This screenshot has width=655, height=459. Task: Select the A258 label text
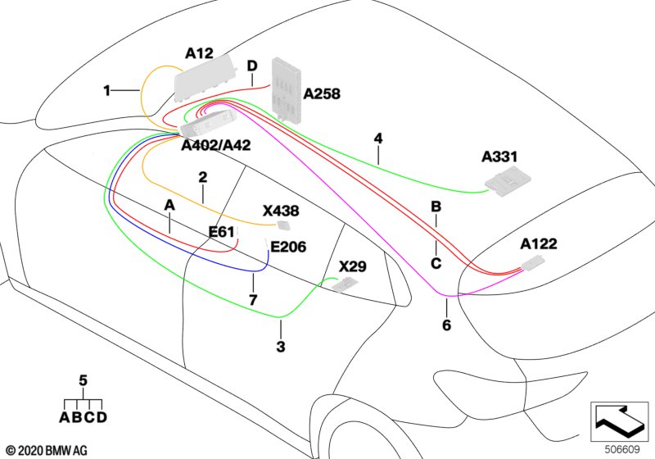[322, 94]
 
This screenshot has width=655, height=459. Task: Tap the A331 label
[500, 156]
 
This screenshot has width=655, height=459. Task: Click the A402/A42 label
[216, 145]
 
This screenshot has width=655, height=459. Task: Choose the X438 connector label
[281, 211]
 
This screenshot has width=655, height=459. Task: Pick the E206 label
[288, 247]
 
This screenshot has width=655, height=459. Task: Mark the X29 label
[353, 266]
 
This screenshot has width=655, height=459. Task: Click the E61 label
[221, 232]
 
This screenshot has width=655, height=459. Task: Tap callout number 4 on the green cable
[377, 139]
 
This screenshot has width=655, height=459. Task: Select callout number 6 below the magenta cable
[446, 325]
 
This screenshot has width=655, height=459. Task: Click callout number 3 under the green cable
[281, 347]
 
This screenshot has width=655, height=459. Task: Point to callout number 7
[253, 301]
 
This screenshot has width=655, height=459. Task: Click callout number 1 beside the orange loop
[106, 91]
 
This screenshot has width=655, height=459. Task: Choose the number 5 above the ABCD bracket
[83, 380]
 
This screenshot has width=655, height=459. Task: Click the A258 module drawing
[287, 89]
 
